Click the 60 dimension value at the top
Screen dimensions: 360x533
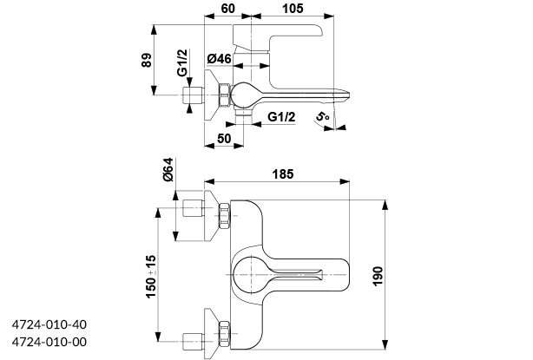tap(229, 9)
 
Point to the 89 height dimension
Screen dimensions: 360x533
tap(147, 60)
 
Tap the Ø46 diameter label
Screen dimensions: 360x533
tap(219, 59)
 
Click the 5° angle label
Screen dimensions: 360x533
tap(323, 117)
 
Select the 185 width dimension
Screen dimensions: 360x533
tap(283, 174)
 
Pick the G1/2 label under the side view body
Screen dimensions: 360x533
tap(281, 117)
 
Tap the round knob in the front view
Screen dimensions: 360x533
tap(253, 271)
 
